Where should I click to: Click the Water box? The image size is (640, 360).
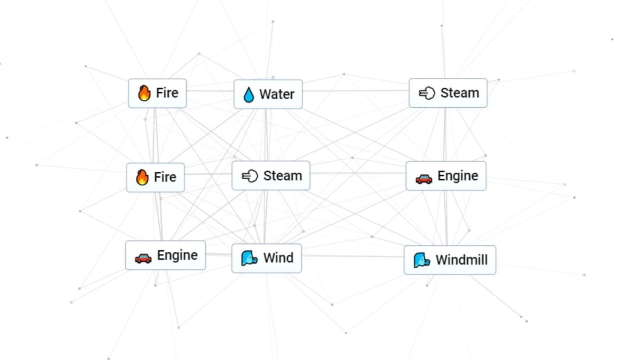click(x=268, y=94)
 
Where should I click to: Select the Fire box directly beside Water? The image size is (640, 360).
click(x=157, y=93)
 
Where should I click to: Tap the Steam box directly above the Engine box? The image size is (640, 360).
click(x=448, y=93)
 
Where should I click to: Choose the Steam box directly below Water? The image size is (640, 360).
click(x=271, y=176)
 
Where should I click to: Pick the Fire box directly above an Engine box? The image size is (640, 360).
click(x=155, y=177)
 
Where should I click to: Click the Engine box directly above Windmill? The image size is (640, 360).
click(x=446, y=176)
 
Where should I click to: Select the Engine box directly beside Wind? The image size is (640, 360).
click(x=165, y=256)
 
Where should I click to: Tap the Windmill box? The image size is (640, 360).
click(x=450, y=260)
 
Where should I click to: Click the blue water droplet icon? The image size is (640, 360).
click(x=249, y=95)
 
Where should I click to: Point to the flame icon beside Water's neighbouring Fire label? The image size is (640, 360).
click(x=144, y=93)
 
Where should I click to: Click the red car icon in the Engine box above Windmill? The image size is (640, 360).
click(x=423, y=178)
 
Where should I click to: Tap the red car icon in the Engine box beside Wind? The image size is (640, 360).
click(x=143, y=258)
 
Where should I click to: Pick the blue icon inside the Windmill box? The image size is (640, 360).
click(x=422, y=260)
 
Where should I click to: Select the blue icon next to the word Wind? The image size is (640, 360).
click(x=249, y=258)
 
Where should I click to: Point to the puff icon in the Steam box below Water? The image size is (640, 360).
click(x=250, y=176)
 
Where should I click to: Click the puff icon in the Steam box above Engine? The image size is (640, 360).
click(x=427, y=93)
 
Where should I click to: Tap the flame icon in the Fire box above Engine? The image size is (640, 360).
click(x=142, y=177)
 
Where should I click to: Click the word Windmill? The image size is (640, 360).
click(x=462, y=260)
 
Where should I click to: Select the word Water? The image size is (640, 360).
click(x=277, y=94)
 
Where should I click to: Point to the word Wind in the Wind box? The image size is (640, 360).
click(x=278, y=258)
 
